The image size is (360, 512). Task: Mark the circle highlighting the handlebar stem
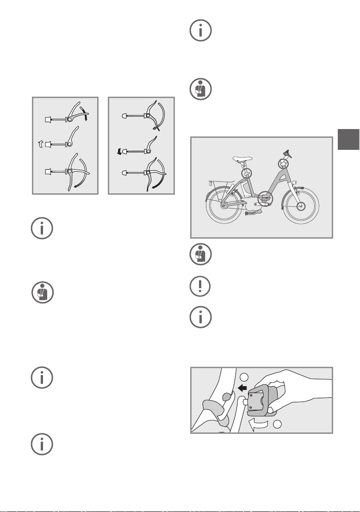284,163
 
